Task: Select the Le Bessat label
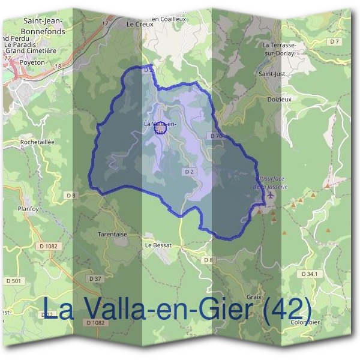coord(158,245)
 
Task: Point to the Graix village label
coord(254,296)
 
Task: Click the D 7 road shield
coord(334,41)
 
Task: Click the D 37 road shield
coord(95,278)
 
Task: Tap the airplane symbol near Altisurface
coord(270,195)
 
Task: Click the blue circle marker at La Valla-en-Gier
coord(159,128)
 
